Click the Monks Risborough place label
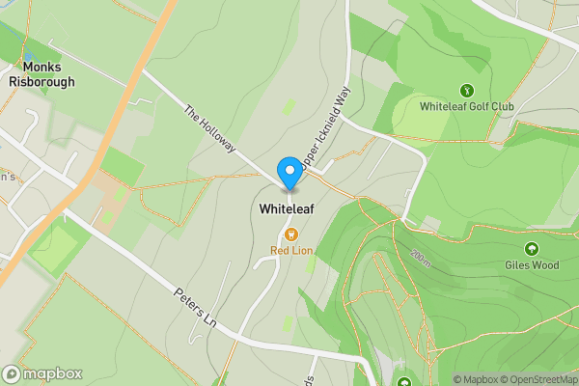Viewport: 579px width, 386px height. (x=41, y=74)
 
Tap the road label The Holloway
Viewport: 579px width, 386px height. (x=210, y=127)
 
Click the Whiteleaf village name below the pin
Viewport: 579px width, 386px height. (x=288, y=207)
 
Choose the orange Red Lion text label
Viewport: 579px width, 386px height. (x=291, y=252)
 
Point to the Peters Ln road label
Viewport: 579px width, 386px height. (x=195, y=306)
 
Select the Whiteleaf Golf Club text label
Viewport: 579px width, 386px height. (x=467, y=106)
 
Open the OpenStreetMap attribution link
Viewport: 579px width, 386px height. (x=538, y=379)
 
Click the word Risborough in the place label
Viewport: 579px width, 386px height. (x=41, y=82)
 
